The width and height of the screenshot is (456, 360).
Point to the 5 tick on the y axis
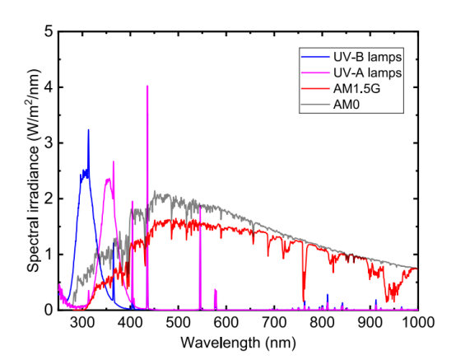click(x=48, y=31)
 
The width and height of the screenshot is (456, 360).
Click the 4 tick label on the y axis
click(x=48, y=87)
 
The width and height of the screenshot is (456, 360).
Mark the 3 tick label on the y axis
click(x=48, y=143)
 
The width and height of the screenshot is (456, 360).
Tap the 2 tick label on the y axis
click(x=48, y=199)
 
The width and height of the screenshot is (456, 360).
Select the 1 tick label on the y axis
click(x=48, y=255)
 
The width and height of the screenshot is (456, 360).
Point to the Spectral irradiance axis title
click(x=32, y=171)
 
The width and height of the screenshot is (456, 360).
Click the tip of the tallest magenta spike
click(x=147, y=86)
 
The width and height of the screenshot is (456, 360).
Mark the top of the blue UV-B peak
click(x=88, y=130)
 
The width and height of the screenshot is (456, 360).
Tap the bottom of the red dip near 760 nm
click(x=304, y=302)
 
